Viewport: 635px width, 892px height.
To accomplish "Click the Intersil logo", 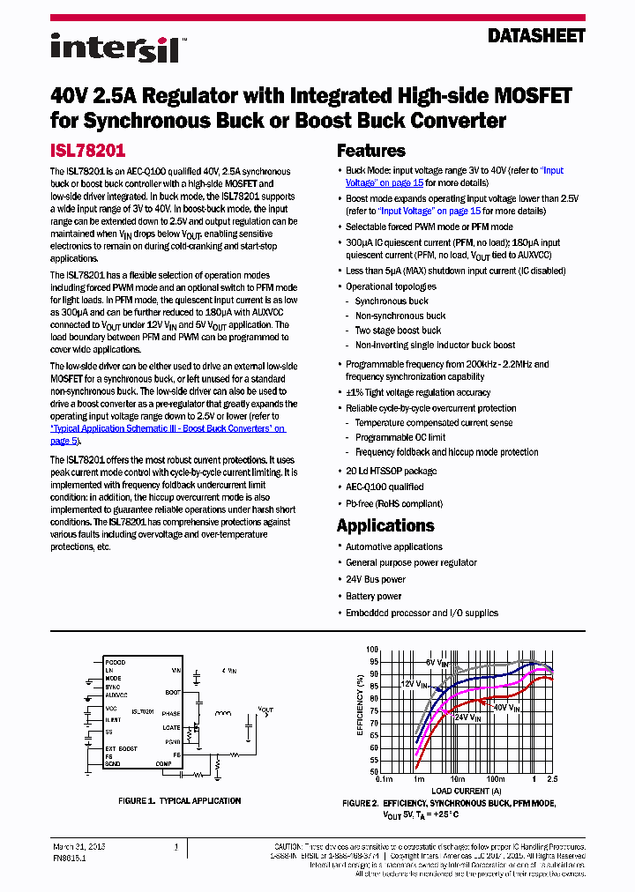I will (115, 48).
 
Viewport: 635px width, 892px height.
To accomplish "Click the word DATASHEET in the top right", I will (536, 36).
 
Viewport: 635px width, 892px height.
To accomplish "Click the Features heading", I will (371, 151).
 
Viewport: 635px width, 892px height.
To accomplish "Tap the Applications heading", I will (385, 525).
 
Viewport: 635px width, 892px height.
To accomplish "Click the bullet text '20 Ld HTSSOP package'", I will (391, 471).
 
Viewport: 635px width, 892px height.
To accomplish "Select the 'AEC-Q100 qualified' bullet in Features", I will (385, 487).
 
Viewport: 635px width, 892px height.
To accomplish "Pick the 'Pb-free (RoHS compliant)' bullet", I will (393, 503).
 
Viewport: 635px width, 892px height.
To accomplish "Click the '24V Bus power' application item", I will (375, 579).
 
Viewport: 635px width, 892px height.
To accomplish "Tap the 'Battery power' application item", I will (373, 596).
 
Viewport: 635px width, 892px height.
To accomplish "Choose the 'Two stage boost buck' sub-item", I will (398, 331).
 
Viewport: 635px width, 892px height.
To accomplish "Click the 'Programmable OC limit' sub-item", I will (400, 437).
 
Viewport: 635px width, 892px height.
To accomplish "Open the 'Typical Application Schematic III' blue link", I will (168, 428).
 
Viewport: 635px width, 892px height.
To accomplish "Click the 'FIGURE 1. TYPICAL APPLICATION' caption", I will (179, 800).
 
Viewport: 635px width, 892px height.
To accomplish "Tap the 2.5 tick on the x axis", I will (553, 780).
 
